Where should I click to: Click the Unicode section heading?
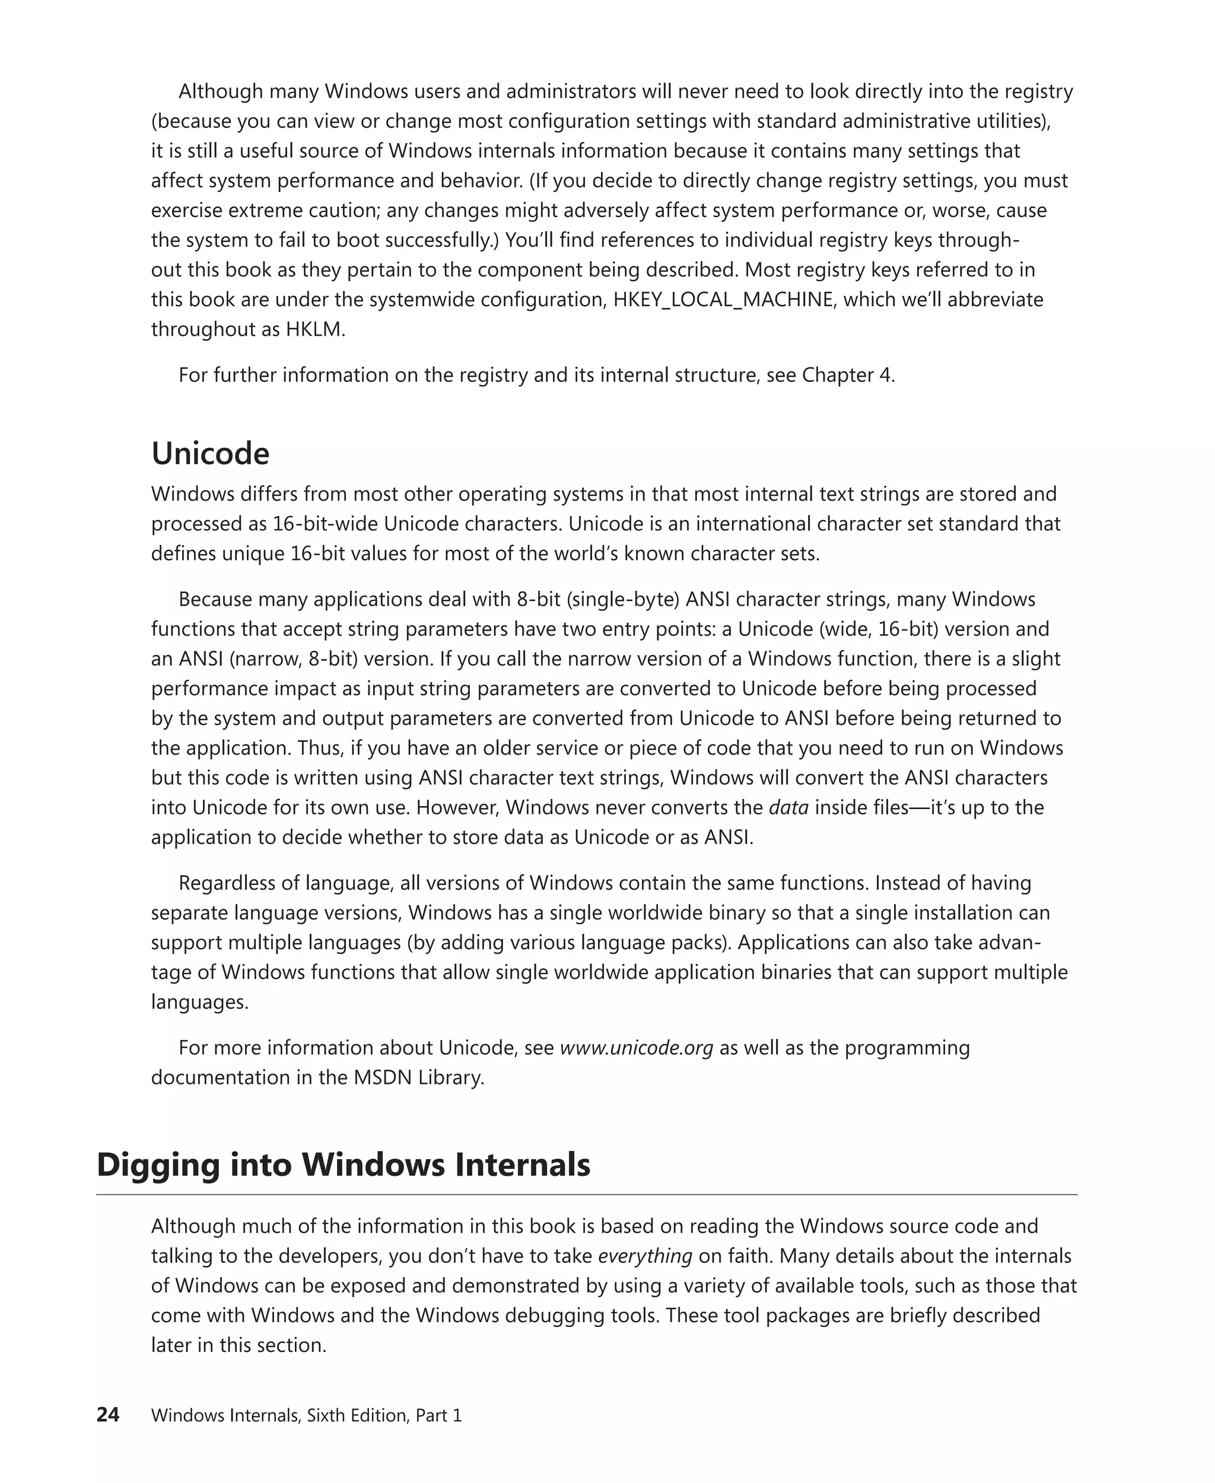(x=210, y=454)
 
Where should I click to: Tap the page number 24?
(x=108, y=1415)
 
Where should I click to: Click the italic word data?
(x=789, y=807)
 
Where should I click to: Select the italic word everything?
(x=645, y=1256)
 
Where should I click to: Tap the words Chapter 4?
(x=847, y=375)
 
